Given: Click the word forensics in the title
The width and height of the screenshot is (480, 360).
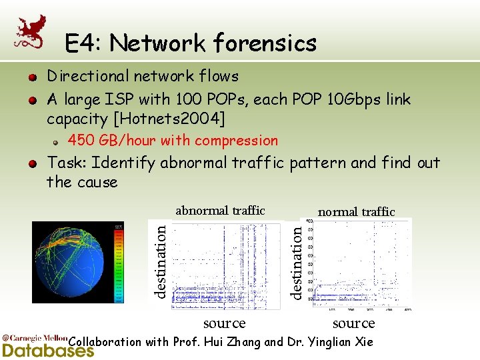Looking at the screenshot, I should pyautogui.click(x=265, y=43).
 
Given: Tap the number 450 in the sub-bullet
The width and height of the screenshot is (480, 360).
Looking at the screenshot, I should pyautogui.click(x=81, y=141).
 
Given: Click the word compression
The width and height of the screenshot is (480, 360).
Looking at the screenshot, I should pyautogui.click(x=242, y=141).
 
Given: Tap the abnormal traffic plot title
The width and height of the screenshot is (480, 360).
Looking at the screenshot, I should pyautogui.click(x=220, y=211).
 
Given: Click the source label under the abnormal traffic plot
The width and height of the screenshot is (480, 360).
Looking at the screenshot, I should pyautogui.click(x=224, y=323).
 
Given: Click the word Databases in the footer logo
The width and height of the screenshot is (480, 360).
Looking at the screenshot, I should pyautogui.click(x=48, y=350).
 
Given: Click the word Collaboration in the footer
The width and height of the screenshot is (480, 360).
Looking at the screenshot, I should pyautogui.click(x=105, y=342).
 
